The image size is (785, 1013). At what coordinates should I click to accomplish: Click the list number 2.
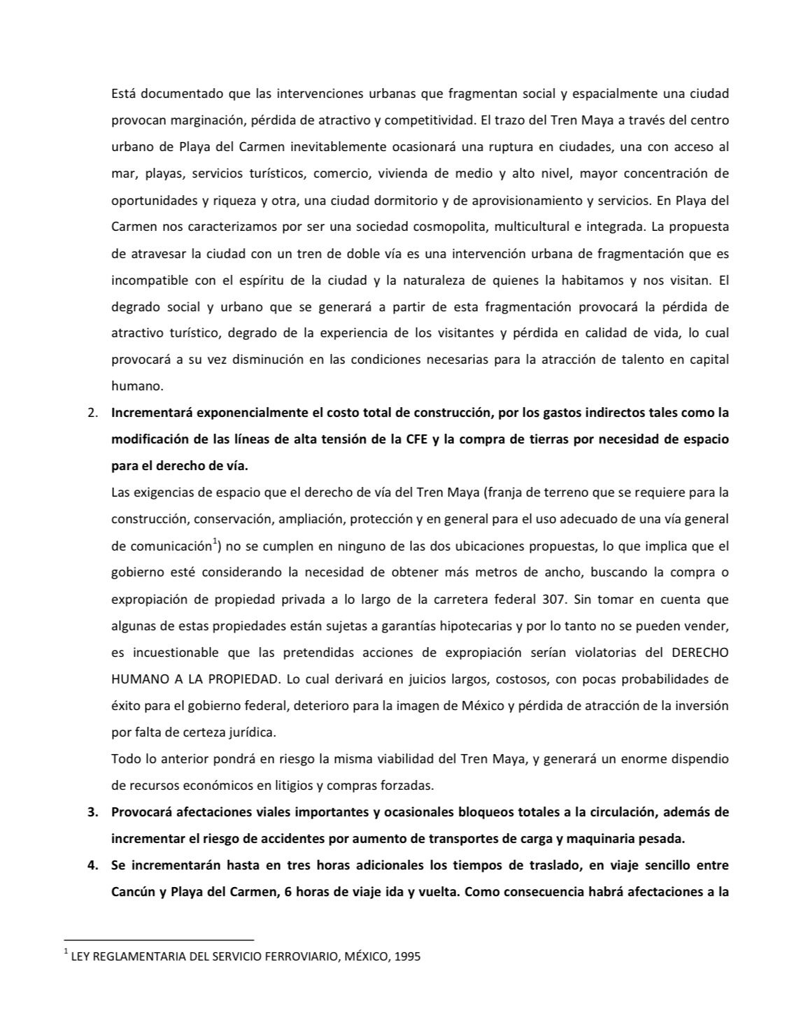click(x=92, y=413)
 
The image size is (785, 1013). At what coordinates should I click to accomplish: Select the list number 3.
click(x=92, y=812)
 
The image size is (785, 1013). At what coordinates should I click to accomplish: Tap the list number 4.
click(x=92, y=865)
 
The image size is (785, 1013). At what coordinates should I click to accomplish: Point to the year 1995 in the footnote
click(x=407, y=956)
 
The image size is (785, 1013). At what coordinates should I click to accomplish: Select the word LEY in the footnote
click(x=80, y=956)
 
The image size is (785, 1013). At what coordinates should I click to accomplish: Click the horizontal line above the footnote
click(x=159, y=940)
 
